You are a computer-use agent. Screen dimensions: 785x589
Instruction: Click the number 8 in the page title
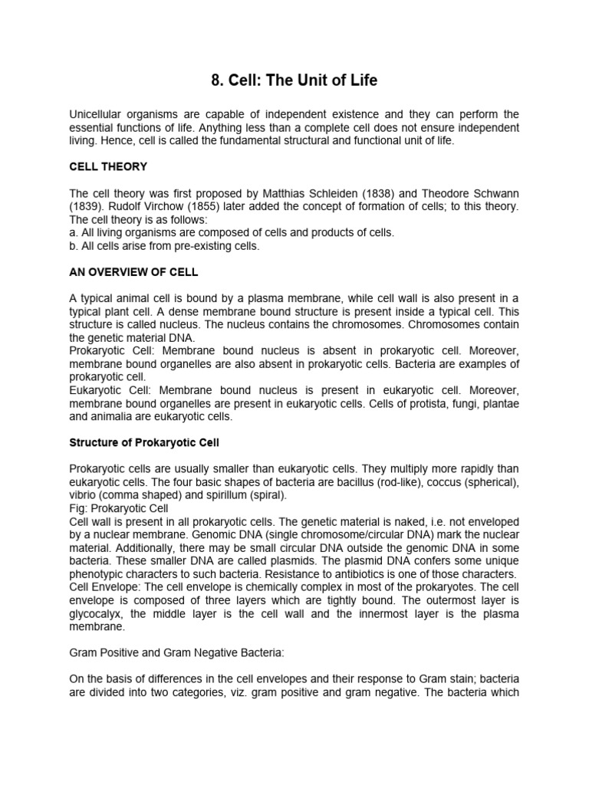[214, 79]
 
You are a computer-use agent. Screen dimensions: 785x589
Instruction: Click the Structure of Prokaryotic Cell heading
[144, 443]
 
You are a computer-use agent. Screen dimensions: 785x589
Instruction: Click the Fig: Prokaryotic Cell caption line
[122, 508]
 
